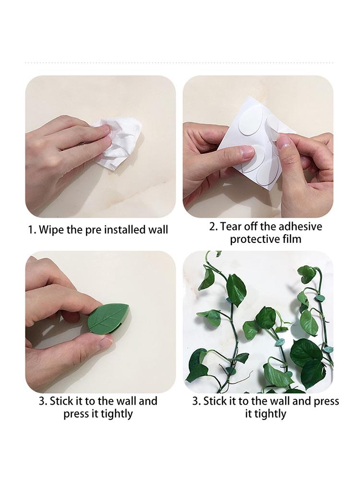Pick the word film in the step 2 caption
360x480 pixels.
(x=291, y=239)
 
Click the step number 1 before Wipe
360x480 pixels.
(x=31, y=229)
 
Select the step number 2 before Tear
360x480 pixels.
(x=213, y=226)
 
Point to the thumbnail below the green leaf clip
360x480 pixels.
(x=104, y=342)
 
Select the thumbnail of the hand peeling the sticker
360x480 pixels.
(x=284, y=142)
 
